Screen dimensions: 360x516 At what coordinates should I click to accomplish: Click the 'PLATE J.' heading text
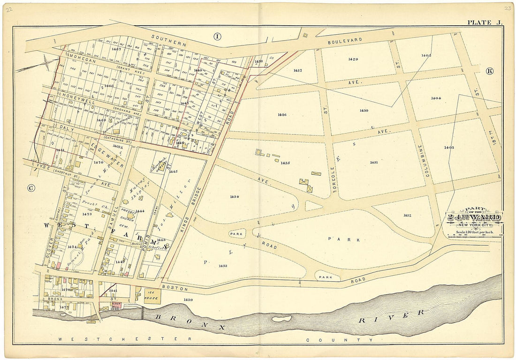(x=484, y=22)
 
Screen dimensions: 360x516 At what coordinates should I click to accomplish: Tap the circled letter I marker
(x=217, y=36)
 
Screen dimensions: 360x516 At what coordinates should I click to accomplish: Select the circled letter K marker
(x=490, y=71)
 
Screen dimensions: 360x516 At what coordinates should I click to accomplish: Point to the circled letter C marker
(x=31, y=188)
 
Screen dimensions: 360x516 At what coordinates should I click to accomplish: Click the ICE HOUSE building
(x=152, y=296)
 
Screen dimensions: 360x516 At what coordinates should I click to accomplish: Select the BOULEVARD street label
(x=345, y=41)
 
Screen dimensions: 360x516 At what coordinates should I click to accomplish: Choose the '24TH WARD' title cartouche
(x=474, y=217)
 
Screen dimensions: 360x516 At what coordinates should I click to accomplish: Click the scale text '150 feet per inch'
(x=474, y=233)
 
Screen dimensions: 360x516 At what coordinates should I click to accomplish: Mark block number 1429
(x=353, y=59)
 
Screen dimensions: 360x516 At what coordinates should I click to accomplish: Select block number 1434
(x=235, y=196)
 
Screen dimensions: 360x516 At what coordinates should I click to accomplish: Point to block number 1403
(x=449, y=148)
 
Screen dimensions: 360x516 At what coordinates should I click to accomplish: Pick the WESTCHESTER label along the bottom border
(x=124, y=338)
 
